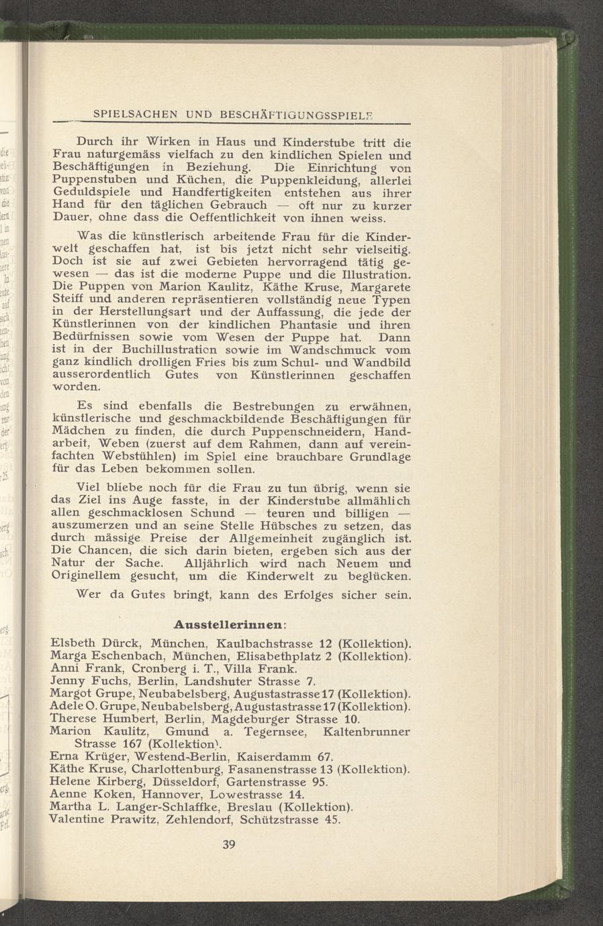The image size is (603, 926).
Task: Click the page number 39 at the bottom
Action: tap(228, 845)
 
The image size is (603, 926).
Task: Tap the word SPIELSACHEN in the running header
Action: tap(134, 115)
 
